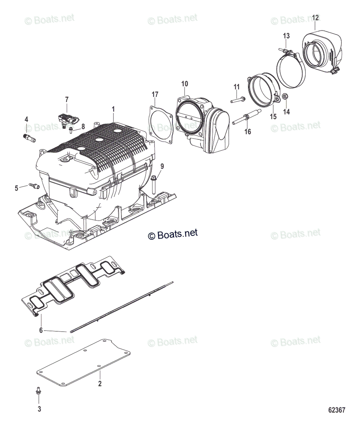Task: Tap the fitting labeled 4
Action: [x=28, y=137]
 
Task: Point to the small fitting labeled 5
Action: [x=34, y=185]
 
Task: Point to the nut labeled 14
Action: [x=285, y=97]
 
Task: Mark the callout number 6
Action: [x=41, y=330]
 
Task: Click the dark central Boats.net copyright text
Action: [x=172, y=234]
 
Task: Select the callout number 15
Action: [x=273, y=117]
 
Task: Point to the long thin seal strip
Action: [x=121, y=307]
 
